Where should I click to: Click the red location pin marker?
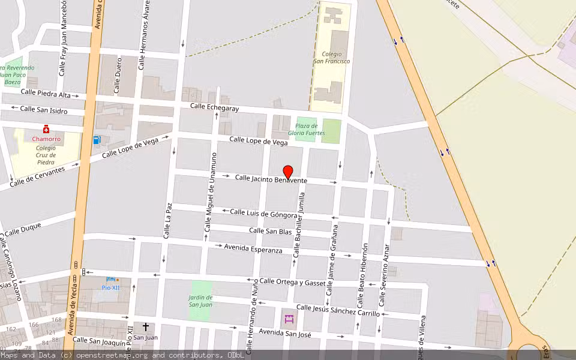[x=288, y=172]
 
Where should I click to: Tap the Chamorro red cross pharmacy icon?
[x=46, y=130]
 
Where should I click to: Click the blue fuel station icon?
[x=97, y=140]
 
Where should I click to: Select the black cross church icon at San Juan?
[x=145, y=327]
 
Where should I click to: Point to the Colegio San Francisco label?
[x=331, y=58]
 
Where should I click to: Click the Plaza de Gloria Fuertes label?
[x=307, y=129]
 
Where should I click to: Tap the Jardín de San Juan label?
[x=201, y=301]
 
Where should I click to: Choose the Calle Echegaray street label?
[x=214, y=107]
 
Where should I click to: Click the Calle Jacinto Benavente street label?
[x=271, y=179]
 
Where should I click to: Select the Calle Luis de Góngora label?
[x=263, y=213]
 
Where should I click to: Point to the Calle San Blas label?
[x=270, y=231]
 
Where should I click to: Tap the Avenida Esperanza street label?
[x=253, y=248]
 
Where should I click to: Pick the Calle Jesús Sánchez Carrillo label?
[x=338, y=310]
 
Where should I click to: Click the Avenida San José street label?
[x=285, y=333]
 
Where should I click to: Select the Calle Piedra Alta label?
[x=46, y=94]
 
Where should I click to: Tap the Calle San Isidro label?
[x=44, y=109]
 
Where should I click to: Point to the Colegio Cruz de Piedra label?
[x=45, y=155]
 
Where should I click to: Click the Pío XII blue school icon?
[x=110, y=280]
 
